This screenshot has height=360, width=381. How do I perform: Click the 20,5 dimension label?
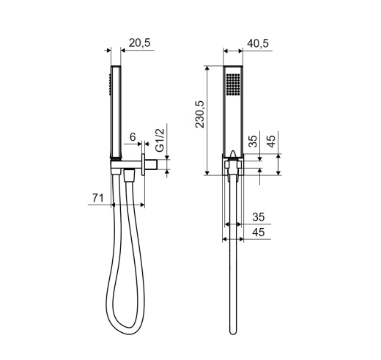[x=140, y=43]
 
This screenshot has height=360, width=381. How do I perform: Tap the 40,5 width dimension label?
[x=258, y=43]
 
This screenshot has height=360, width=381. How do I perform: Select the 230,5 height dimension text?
[x=200, y=114]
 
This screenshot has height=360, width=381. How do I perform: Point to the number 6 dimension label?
[x=133, y=137]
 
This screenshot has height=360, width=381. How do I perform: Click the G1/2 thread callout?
[x=160, y=140]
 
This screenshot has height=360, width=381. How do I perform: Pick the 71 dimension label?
[x=98, y=198]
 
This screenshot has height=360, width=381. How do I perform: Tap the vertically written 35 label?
[x=254, y=142]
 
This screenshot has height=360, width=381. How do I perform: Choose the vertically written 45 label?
[x=271, y=142]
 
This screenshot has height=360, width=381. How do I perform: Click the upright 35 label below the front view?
[x=259, y=217]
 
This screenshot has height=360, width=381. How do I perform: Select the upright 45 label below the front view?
[x=259, y=232]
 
